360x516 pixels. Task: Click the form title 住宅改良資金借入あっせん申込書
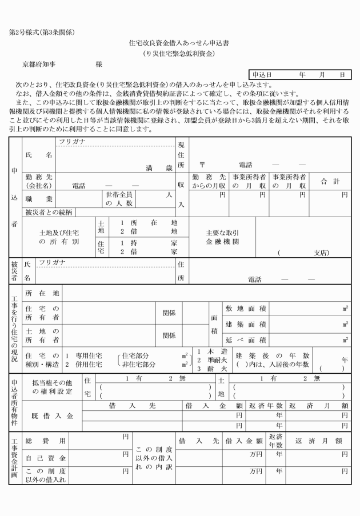pyautogui.click(x=179, y=43)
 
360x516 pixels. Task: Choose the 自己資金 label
pyautogui.click(x=46, y=458)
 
